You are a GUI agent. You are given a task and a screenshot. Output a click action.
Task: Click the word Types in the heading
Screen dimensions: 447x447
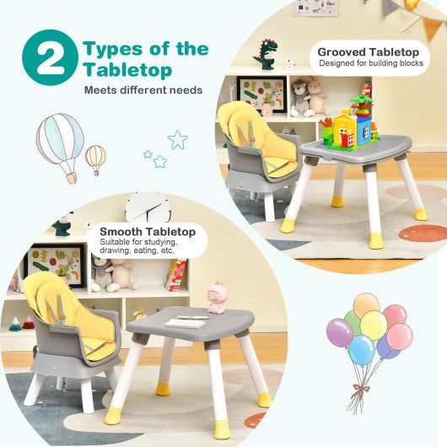[x=117, y=48]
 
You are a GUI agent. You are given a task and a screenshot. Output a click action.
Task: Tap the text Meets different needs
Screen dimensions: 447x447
[x=143, y=90]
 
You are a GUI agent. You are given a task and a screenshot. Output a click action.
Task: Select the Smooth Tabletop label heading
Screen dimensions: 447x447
[x=148, y=231]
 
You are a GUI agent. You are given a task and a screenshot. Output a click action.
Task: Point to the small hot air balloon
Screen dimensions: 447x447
[x=95, y=157]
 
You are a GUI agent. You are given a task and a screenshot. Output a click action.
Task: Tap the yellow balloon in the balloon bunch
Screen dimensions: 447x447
[x=373, y=325]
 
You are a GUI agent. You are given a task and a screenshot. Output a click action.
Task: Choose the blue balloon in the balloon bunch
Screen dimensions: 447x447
[x=362, y=350]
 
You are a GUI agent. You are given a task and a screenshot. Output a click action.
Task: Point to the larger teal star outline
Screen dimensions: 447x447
[x=177, y=139]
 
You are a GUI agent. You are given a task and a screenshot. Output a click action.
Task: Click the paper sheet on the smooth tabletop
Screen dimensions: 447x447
[x=187, y=321]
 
